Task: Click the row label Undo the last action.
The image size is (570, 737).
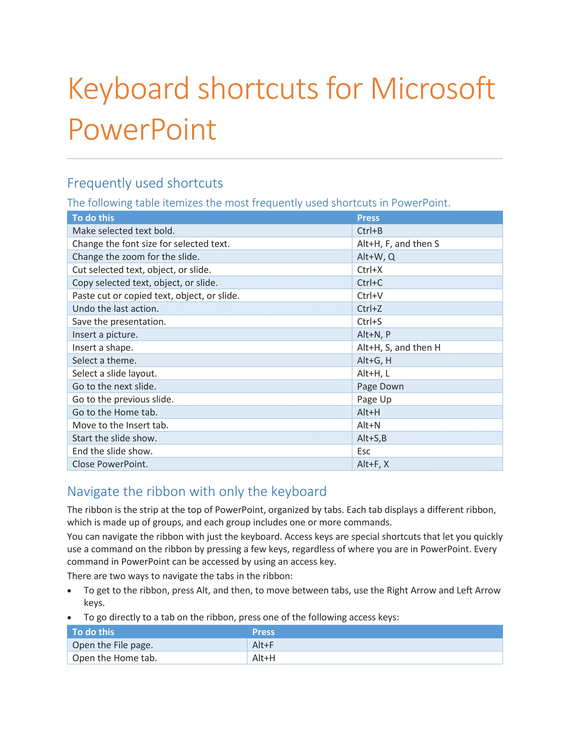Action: tap(116, 309)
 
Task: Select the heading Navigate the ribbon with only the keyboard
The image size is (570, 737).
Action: tap(197, 491)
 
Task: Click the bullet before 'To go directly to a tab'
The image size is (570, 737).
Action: tap(69, 618)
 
